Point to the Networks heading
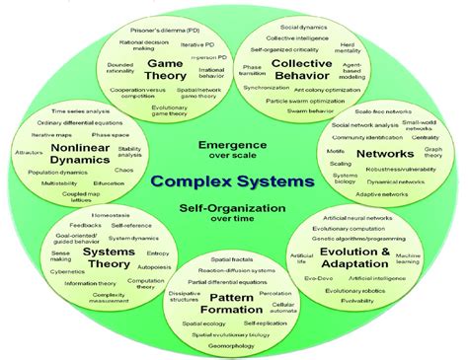385,154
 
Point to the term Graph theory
432,154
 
